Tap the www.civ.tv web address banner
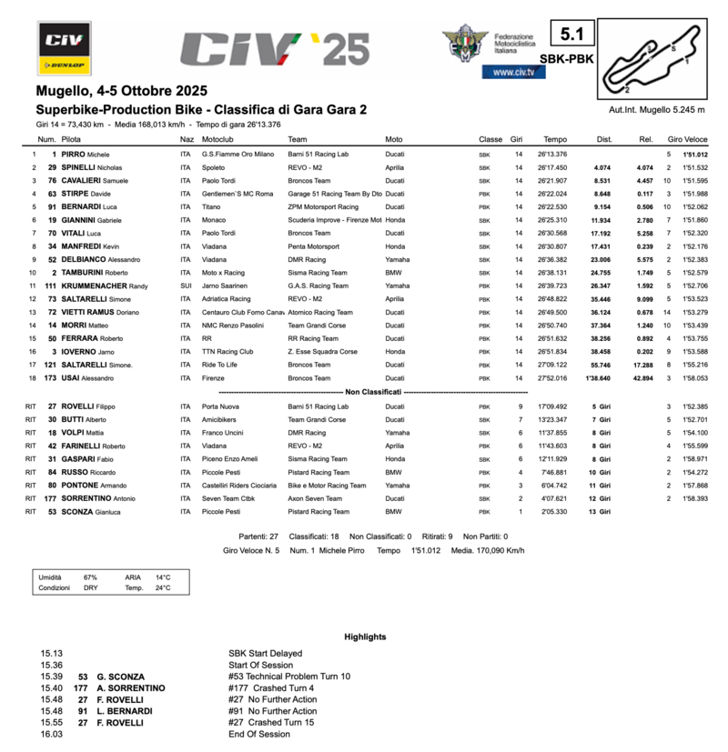[513, 72]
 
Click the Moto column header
[394, 139]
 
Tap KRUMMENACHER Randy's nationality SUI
[187, 286]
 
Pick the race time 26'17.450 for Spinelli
[552, 168]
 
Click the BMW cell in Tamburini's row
[394, 273]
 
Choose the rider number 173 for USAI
[50, 377]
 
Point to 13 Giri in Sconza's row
[598, 513]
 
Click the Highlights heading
[365, 637]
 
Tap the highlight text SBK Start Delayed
[265, 653]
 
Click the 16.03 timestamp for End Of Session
[51, 735]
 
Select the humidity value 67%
[90, 577]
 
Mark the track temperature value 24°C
[162, 588]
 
